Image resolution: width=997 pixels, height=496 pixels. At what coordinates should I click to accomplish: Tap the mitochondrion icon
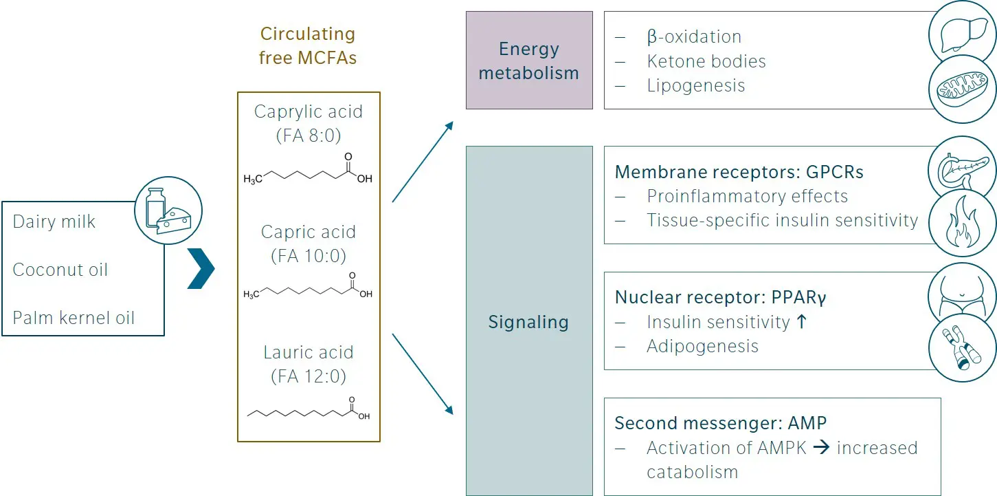961,88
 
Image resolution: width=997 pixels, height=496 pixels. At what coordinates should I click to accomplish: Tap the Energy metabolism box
528,61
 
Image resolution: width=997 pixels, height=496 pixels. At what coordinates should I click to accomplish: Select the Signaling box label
528,322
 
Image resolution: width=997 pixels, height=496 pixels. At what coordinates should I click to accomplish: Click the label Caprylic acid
309,111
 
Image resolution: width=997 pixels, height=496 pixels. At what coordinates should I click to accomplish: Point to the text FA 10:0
309,256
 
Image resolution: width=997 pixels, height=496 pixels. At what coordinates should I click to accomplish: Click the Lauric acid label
309,352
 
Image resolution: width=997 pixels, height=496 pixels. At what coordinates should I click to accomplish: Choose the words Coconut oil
60,270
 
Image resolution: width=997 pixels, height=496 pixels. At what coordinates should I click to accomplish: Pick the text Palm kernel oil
74,318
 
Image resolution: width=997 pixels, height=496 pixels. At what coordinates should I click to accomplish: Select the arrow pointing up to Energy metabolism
423,162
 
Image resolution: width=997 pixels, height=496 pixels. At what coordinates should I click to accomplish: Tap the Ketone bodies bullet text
706,61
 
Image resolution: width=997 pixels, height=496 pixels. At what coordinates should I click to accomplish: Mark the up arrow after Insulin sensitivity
800,321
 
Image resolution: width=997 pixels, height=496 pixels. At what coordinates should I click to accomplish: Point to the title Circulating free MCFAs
308,45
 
